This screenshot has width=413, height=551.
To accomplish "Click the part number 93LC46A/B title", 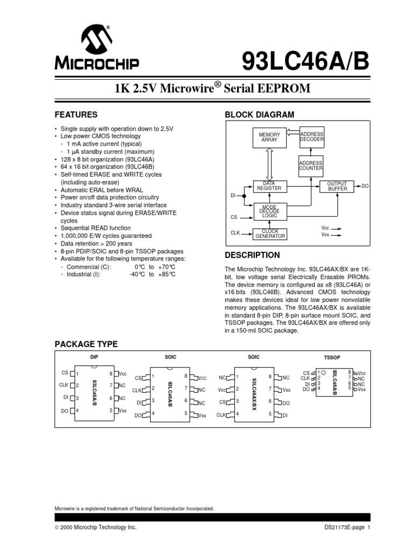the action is pyautogui.click(x=305, y=61).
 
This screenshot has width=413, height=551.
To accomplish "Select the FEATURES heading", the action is pyautogui.click(x=76, y=115).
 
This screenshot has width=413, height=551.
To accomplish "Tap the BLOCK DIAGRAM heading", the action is pyautogui.click(x=259, y=115).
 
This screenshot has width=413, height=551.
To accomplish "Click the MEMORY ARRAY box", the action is pyautogui.click(x=269, y=137).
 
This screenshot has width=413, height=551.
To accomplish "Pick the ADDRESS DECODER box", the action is pyautogui.click(x=311, y=137).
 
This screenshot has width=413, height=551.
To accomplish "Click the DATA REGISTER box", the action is pyautogui.click(x=269, y=186).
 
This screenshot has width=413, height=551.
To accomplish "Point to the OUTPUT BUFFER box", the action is pyautogui.click(x=338, y=186).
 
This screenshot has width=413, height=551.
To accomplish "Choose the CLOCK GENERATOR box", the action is pyautogui.click(x=269, y=234).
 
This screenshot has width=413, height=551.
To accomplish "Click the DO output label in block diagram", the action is pyautogui.click(x=365, y=186).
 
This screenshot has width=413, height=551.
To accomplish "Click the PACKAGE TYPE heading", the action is pyautogui.click(x=87, y=344).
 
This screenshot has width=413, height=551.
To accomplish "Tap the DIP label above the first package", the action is pyautogui.click(x=95, y=357).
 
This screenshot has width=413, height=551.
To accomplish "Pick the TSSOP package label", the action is pyautogui.click(x=332, y=357).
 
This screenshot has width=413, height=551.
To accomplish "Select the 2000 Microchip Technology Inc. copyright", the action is pyautogui.click(x=96, y=528).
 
